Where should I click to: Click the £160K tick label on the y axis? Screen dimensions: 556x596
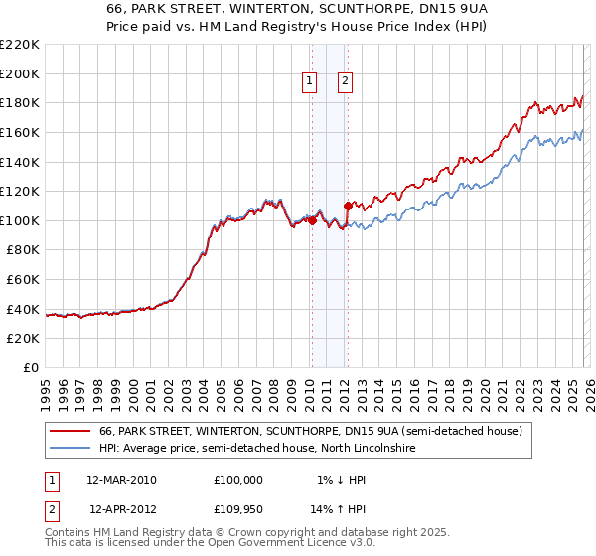point(20,132)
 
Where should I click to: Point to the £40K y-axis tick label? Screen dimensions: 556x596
point(23,309)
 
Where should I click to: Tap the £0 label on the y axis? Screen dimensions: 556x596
point(31,367)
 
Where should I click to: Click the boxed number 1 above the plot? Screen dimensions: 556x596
point(310,82)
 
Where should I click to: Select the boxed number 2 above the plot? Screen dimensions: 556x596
point(345,82)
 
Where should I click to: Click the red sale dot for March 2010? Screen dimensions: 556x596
point(311,221)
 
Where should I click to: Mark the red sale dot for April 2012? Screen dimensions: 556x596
point(348,206)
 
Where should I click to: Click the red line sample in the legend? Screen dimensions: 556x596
point(70,432)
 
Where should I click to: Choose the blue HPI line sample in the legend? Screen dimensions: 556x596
point(70,450)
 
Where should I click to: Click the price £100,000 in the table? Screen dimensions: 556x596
point(238,480)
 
